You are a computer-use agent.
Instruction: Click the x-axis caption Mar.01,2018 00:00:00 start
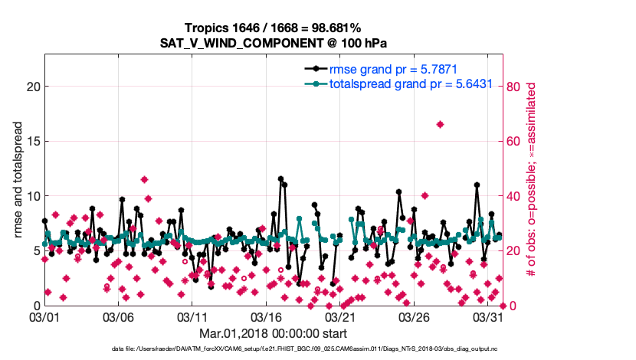(273, 333)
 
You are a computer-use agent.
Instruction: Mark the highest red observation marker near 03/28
(440, 124)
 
